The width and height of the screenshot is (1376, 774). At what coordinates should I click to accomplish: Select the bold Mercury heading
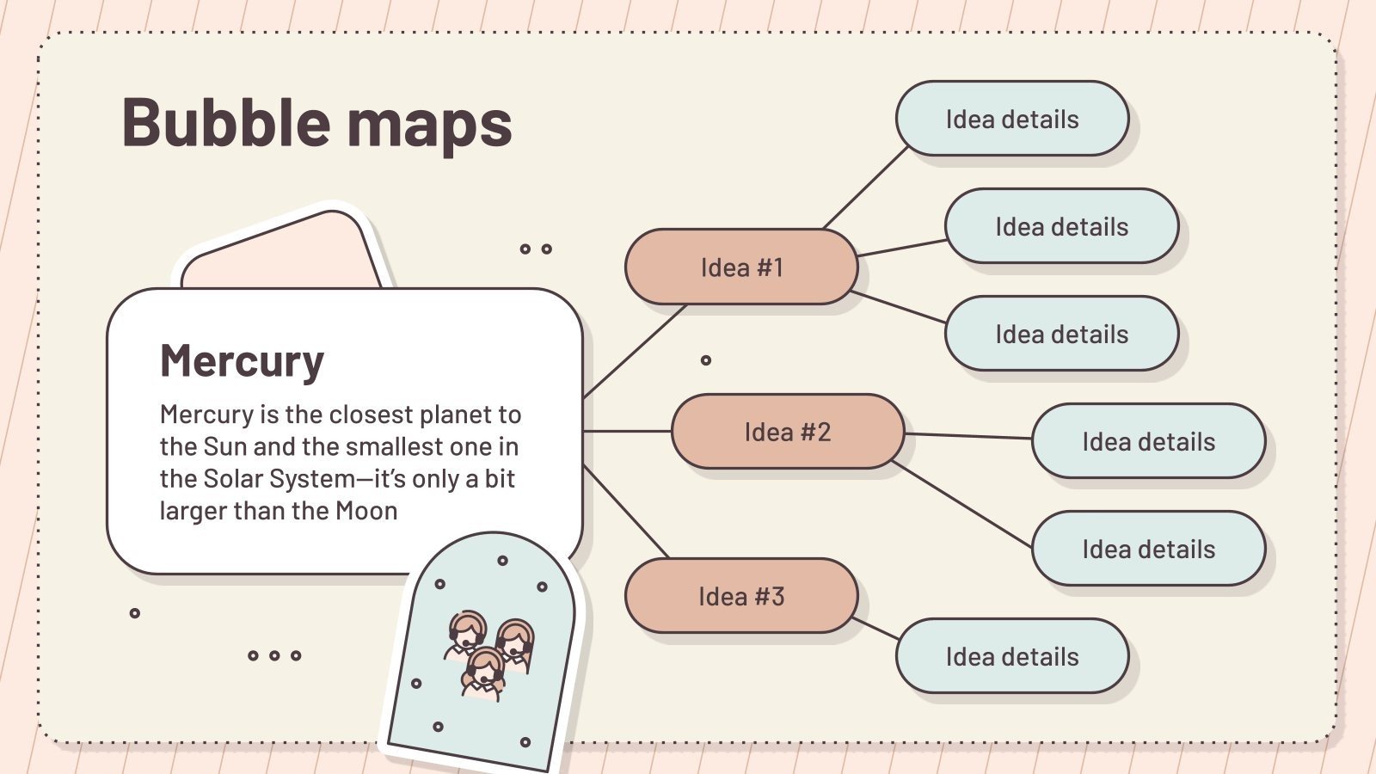coord(242,361)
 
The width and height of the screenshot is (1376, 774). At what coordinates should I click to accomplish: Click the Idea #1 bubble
coord(741,267)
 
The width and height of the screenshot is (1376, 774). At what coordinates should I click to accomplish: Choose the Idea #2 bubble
coord(788,432)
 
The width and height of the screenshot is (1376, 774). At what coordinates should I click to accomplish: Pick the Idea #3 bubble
coord(741,596)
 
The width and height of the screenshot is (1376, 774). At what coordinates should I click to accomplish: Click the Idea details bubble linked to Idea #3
coord(1012,656)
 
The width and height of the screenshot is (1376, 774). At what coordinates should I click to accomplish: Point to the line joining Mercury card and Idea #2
coord(627,431)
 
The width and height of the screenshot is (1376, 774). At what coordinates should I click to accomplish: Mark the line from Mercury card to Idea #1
coord(634,352)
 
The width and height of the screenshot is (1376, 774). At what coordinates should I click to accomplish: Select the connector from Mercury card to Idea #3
coord(625,512)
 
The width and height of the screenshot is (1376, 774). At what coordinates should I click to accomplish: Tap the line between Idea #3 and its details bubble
coord(876,629)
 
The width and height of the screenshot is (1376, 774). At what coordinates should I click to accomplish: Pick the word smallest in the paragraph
coord(406,447)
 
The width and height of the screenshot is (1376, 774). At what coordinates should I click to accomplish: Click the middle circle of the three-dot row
coord(274,655)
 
